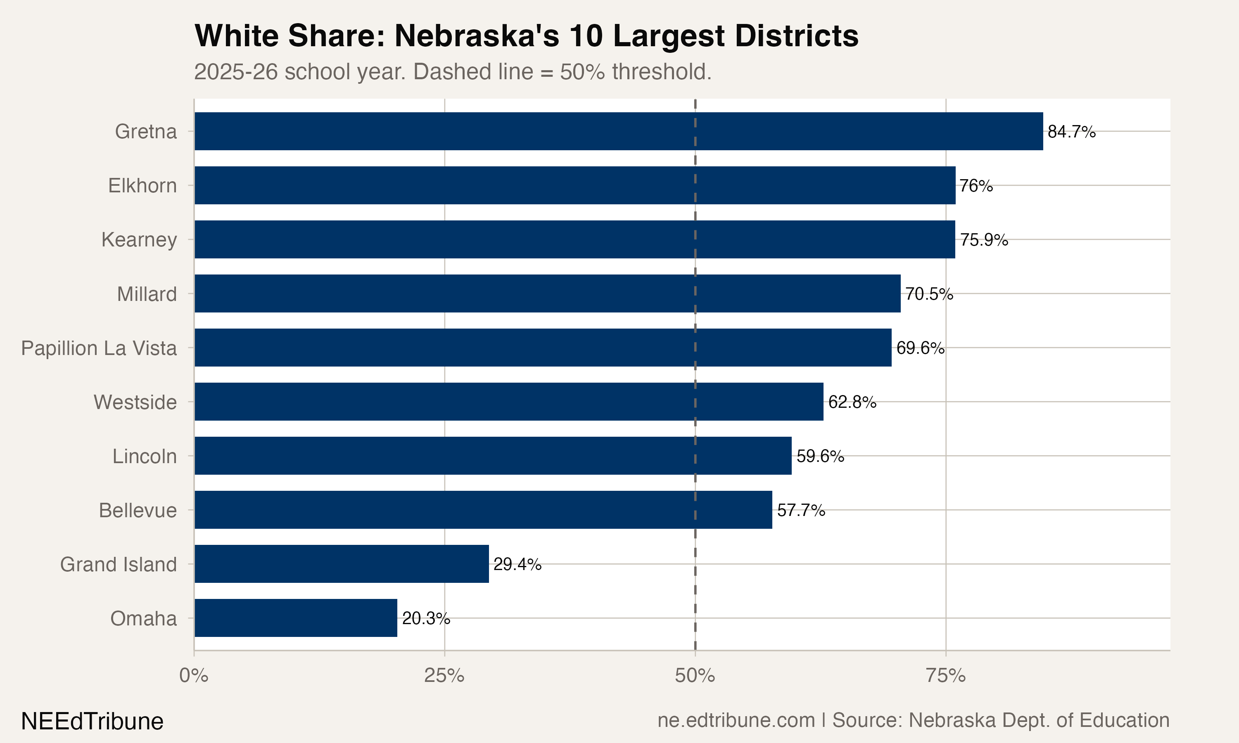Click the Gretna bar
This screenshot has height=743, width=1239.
pyautogui.click(x=619, y=131)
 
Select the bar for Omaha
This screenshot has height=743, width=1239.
pyautogui.click(x=295, y=618)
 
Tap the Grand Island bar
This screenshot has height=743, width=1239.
pyautogui.click(x=342, y=564)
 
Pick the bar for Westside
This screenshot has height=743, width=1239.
pyautogui.click(x=509, y=402)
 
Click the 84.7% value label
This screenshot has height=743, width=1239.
pyautogui.click(x=1071, y=132)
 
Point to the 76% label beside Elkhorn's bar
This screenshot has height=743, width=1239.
pyautogui.click(x=976, y=186)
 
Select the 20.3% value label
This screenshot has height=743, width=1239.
pyautogui.click(x=426, y=618)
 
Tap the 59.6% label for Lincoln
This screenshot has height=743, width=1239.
pyautogui.click(x=820, y=456)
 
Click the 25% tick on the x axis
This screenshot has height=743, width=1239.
pyautogui.click(x=444, y=676)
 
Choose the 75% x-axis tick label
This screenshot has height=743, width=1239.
pyautogui.click(x=945, y=676)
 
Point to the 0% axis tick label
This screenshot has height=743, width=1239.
pyautogui.click(x=194, y=676)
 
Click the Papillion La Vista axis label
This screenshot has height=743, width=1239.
pyautogui.click(x=99, y=348)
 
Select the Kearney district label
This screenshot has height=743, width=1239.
pyautogui.click(x=139, y=240)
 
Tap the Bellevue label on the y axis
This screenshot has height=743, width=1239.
pyautogui.click(x=138, y=510)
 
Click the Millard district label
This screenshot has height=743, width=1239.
pyautogui.click(x=147, y=294)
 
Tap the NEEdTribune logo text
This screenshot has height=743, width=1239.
pyautogui.click(x=92, y=721)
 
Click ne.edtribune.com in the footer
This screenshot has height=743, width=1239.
pyautogui.click(x=736, y=720)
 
